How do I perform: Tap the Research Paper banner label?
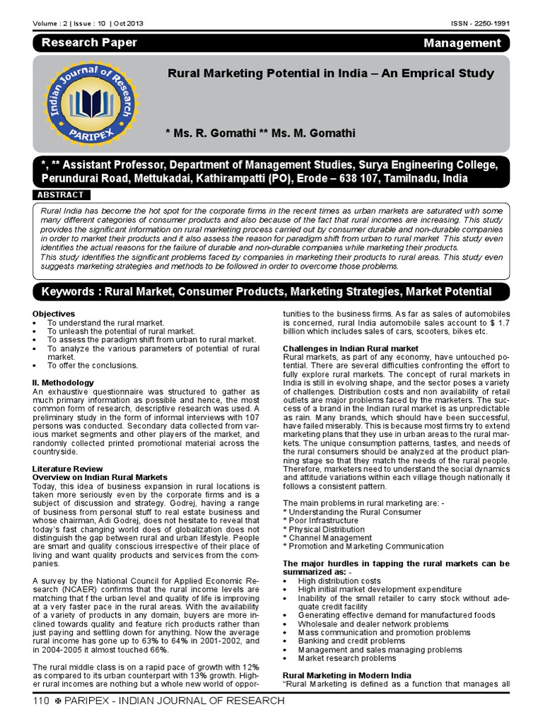89,43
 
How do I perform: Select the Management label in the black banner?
462,44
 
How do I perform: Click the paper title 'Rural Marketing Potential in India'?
330,73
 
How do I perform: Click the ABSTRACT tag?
62,194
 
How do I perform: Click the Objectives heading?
54,313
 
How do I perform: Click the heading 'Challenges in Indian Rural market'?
350,348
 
